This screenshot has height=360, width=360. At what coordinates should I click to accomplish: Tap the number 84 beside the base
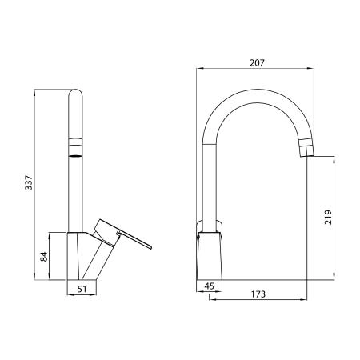point(45,256)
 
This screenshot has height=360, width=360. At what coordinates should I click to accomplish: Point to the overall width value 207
point(255,62)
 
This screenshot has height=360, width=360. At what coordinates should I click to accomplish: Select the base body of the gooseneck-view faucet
point(210,254)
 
